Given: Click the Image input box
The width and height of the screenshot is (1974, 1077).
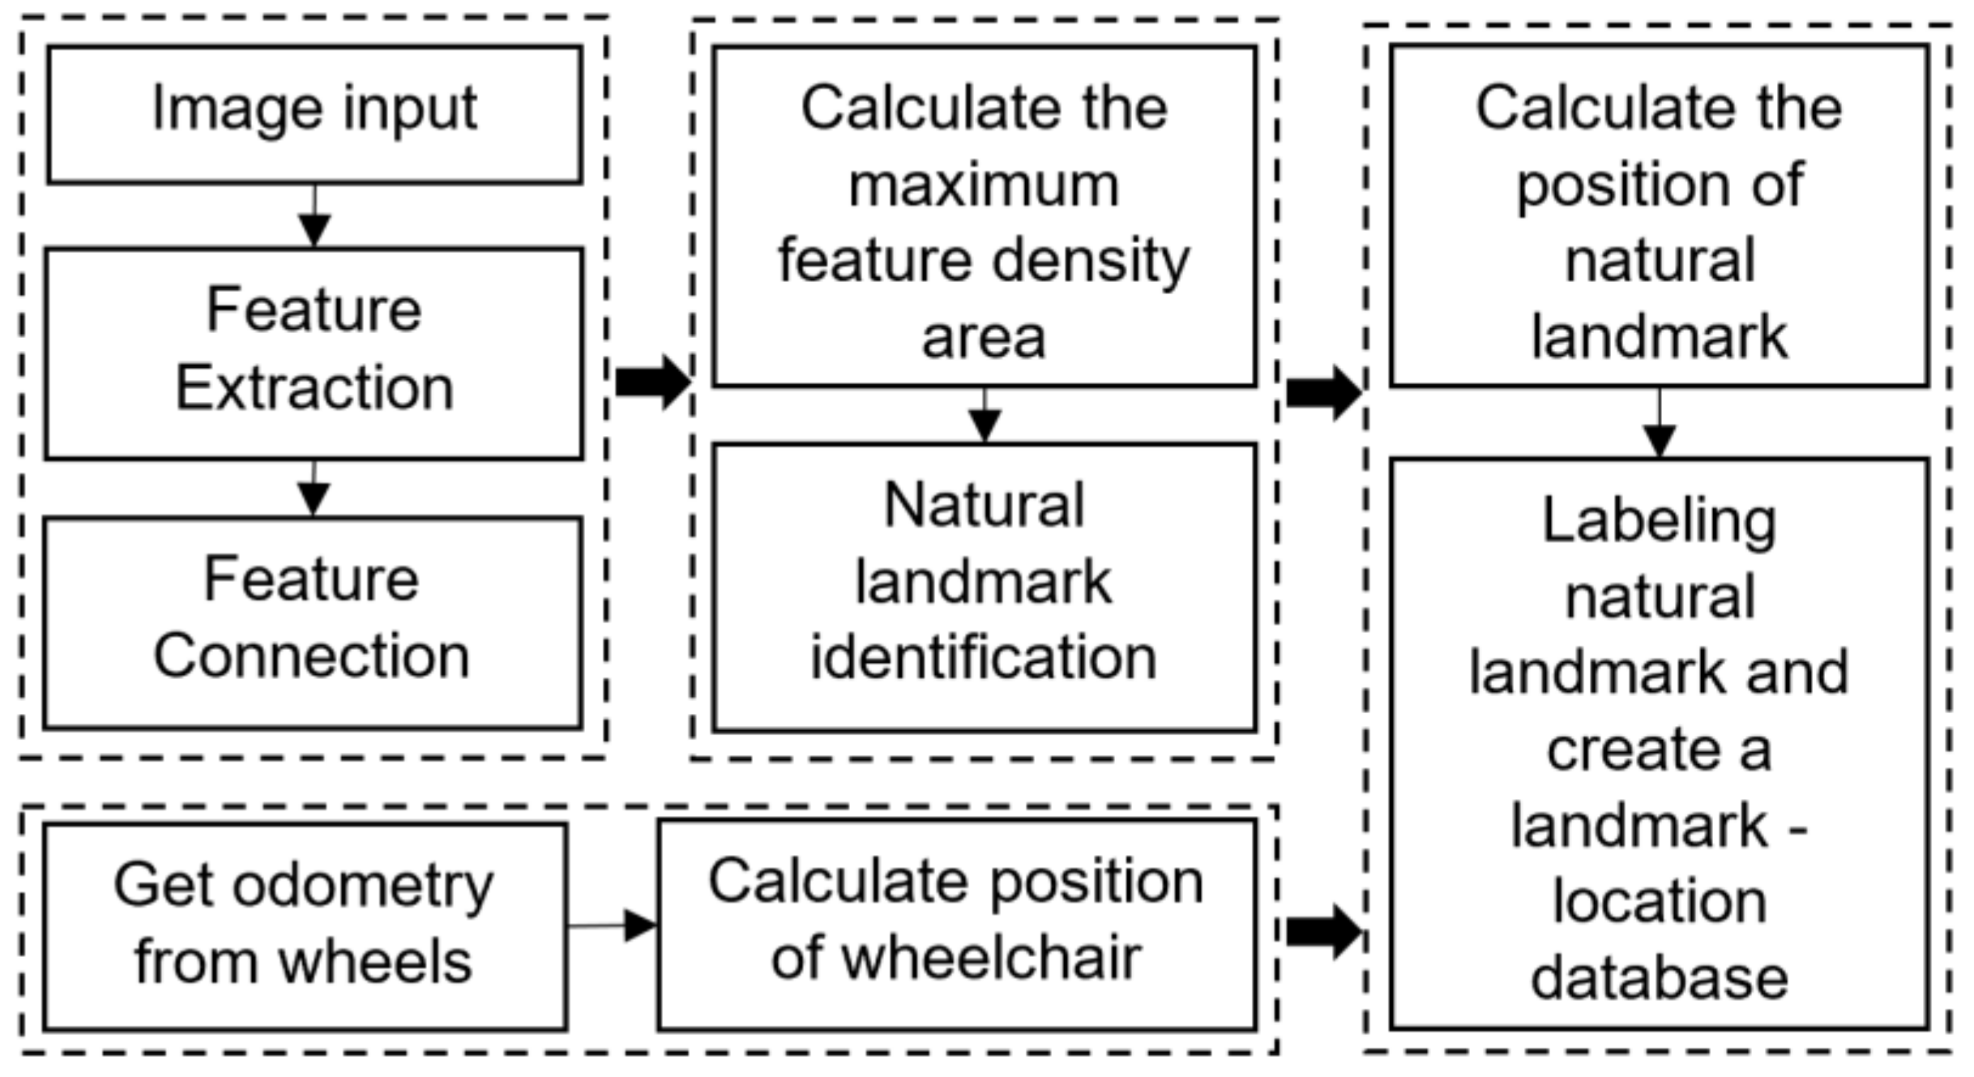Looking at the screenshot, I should [x=314, y=114].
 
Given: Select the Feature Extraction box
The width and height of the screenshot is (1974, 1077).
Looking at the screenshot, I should [x=314, y=353].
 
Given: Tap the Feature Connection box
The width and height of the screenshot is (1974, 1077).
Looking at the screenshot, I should [x=313, y=622].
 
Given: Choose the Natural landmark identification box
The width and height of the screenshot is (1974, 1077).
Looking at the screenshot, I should [x=985, y=588].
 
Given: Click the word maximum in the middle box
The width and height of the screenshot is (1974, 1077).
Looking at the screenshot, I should [x=984, y=186].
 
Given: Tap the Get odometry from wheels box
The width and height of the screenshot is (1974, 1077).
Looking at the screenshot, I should [x=305, y=926].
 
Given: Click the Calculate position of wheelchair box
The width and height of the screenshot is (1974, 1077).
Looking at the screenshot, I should [x=957, y=925].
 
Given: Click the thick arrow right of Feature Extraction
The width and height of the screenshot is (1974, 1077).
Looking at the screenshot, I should [x=652, y=382].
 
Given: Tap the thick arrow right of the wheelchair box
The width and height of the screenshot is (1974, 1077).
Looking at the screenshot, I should [x=1323, y=932].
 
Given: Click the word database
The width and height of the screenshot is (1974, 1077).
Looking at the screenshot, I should [x=1659, y=978].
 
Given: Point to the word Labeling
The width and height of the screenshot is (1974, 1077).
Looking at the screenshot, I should [x=1659, y=522].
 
